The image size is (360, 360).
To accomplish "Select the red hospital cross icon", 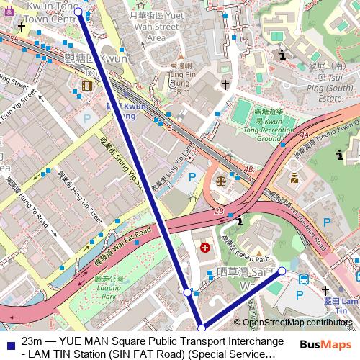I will [206, 248].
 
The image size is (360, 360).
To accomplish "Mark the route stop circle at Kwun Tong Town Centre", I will [78, 12].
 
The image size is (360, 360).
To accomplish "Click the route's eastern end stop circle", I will [282, 271].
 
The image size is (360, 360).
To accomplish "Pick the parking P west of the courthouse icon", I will [192, 176].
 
